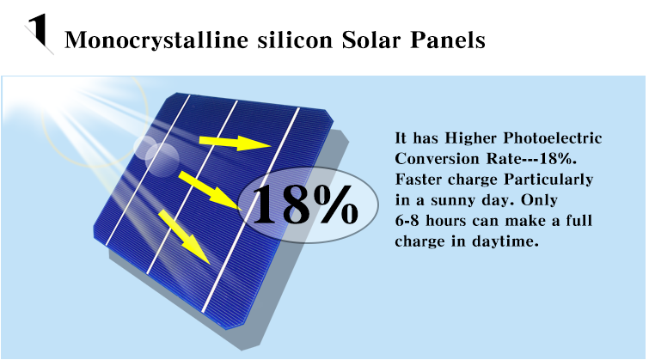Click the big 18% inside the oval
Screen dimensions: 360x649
coord(308,204)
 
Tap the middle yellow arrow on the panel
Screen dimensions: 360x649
coord(209,189)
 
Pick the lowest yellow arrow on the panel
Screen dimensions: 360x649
coord(184,235)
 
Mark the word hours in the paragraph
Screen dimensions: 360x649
coord(450,221)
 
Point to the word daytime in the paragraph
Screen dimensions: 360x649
coord(509,241)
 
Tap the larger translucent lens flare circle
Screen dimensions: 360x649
coord(162,156)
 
